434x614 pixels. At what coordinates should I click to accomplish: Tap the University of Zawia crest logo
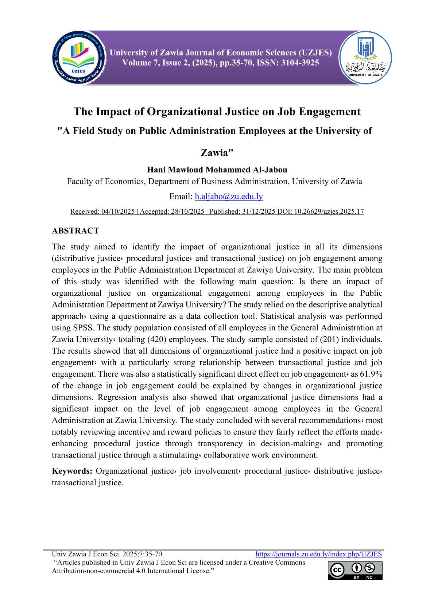coord(365,58)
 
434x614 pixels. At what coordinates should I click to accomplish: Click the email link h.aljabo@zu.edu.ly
coord(229,197)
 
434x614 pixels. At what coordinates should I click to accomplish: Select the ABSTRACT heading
coord(75,231)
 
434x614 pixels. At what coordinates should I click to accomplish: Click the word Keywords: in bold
coord(72,471)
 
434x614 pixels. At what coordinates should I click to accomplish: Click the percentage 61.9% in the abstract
coord(371,374)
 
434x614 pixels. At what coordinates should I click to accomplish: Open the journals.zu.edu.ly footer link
coord(318,554)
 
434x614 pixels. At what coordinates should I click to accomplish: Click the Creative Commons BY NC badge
coord(355,570)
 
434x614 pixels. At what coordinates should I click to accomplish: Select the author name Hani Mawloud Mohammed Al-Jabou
coord(217,170)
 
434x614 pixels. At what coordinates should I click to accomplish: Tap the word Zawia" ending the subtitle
coord(217,153)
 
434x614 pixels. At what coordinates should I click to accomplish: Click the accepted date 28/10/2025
coord(187,211)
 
